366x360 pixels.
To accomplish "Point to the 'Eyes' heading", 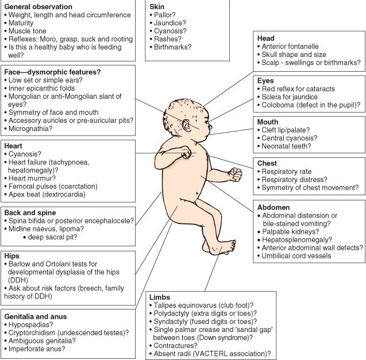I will (x=266, y=81).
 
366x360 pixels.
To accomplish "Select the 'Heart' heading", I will (x=14, y=146).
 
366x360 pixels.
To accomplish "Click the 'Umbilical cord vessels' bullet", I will (x=299, y=256).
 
